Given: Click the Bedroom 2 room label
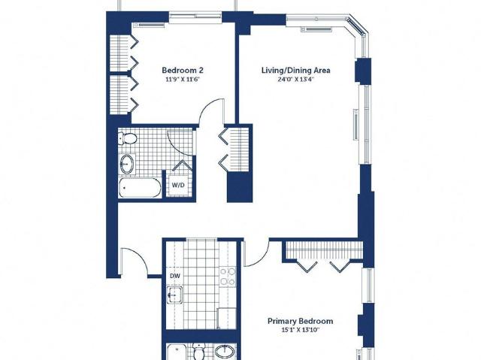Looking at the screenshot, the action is point(183,70).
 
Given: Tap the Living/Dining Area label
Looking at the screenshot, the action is point(295,70).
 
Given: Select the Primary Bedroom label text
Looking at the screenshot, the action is point(301,321).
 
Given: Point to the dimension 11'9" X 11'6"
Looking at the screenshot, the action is point(183,80).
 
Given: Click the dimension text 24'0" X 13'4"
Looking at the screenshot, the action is point(295,80).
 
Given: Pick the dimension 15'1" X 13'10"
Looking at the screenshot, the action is point(301,330).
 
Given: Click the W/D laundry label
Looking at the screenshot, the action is point(178,185).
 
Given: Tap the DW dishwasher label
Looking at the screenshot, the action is point(175,276).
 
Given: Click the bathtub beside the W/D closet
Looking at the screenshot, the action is point(140,188).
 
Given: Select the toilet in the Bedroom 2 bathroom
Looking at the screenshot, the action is point(128,138).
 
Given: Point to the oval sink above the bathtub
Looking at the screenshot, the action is point(127,164).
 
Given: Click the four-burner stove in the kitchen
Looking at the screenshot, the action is point(227,277).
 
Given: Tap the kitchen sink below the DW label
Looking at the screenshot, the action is point(174,295).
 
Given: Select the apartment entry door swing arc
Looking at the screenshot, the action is point(137,257).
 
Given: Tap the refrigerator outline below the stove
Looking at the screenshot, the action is point(226,319).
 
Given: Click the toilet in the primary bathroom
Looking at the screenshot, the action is point(198,353).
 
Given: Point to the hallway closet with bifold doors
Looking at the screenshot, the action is point(235,150).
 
